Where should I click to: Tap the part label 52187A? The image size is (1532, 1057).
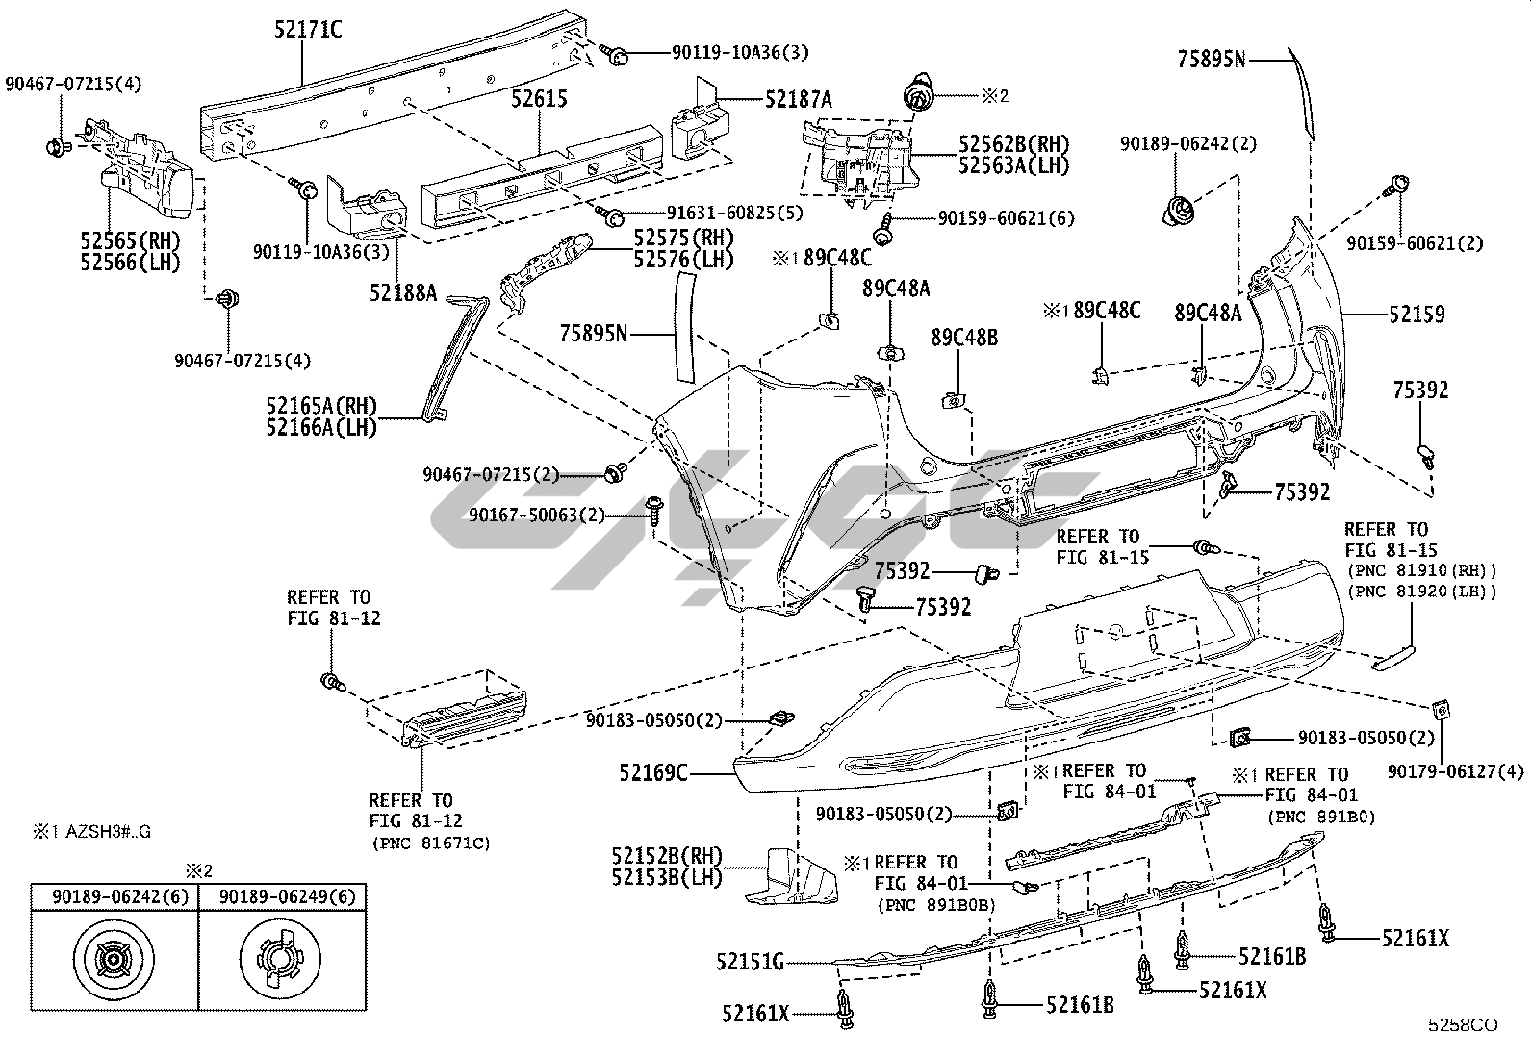(799, 98)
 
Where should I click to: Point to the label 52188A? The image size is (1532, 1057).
(403, 292)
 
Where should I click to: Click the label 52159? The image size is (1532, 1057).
(1416, 315)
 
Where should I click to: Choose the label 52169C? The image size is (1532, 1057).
(654, 772)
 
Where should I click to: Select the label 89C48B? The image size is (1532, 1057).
(963, 338)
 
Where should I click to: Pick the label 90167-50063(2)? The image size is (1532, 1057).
(536, 516)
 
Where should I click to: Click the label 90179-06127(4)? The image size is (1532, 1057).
(1456, 770)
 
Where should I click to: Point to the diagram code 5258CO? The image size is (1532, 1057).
(1463, 1026)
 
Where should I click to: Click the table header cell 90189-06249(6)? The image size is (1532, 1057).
(287, 897)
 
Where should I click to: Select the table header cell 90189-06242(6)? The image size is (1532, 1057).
(115, 897)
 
